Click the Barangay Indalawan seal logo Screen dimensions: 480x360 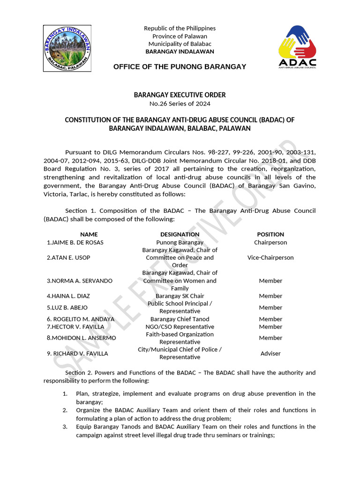click(x=68, y=48)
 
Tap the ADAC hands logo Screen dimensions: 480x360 click(x=297, y=47)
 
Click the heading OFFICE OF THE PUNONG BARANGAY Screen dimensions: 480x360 click(x=180, y=67)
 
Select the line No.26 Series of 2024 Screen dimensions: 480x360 click(x=180, y=104)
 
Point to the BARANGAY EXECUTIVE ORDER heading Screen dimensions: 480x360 click(x=180, y=95)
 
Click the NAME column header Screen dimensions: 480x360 click(x=89, y=234)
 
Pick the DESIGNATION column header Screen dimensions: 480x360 click(x=180, y=234)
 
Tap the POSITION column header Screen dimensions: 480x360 click(x=270, y=234)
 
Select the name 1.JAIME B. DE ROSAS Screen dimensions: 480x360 click(x=75, y=242)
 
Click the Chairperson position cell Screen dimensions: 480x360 click(x=270, y=242)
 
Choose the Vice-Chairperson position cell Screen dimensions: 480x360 click(x=270, y=257)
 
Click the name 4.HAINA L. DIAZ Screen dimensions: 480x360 click(x=68, y=296)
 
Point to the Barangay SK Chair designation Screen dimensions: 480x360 click(x=180, y=296)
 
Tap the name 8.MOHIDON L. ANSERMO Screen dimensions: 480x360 click(x=81, y=338)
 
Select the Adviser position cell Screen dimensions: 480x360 click(x=270, y=353)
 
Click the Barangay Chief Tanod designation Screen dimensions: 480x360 click(x=180, y=319)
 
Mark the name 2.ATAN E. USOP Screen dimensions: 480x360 click(x=68, y=258)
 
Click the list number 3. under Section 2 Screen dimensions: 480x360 click(x=65, y=427)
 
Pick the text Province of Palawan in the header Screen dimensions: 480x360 click(x=180, y=37)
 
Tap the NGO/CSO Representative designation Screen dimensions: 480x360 click(x=180, y=327)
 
